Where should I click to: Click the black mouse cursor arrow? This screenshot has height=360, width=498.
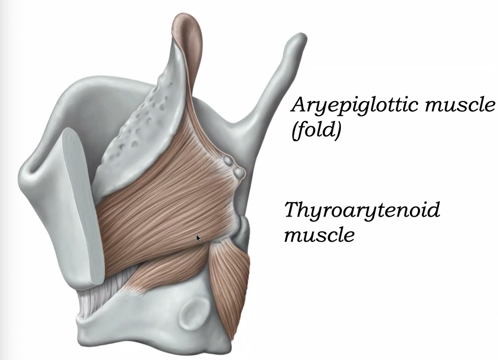pos(198,238)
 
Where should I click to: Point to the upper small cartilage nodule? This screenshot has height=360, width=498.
pos(228,160)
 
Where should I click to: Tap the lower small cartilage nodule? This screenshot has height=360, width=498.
pos(239,173)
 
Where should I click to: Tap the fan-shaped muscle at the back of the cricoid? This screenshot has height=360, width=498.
pos(230,287)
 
